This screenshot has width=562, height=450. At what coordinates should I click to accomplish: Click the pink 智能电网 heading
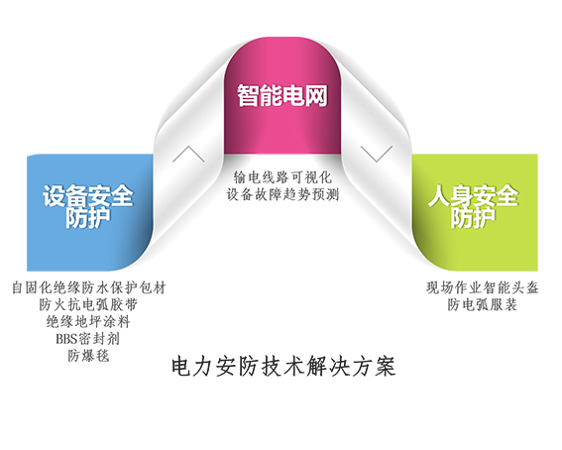(282, 95)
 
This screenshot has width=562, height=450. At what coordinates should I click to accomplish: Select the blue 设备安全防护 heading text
(88, 206)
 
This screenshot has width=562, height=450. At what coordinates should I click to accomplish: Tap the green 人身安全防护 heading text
(473, 206)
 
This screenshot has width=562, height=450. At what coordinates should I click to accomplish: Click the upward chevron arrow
(188, 154)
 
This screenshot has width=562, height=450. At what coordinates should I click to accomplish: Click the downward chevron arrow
(377, 154)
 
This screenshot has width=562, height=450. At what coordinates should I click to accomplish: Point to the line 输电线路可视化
(282, 177)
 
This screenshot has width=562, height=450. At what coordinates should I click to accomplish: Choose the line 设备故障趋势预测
(282, 194)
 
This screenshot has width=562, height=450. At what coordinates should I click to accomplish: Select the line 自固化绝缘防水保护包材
(88, 287)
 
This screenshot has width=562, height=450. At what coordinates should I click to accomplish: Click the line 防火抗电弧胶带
(88, 305)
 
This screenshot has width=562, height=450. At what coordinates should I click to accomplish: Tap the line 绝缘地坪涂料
(88, 322)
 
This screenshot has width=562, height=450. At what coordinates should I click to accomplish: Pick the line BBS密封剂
(88, 339)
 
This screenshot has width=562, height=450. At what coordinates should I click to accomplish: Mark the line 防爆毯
(88, 356)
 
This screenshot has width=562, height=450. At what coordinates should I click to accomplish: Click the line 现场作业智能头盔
(482, 287)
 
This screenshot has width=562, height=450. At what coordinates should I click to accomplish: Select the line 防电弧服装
(482, 305)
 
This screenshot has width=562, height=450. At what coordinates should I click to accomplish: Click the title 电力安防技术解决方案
(283, 367)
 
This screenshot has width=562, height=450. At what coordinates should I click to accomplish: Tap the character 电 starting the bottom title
(180, 367)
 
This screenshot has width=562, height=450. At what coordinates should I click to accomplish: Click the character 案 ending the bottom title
(386, 367)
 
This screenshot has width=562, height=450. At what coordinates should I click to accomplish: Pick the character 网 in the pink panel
(316, 95)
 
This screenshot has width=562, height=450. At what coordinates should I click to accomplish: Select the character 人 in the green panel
(439, 195)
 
